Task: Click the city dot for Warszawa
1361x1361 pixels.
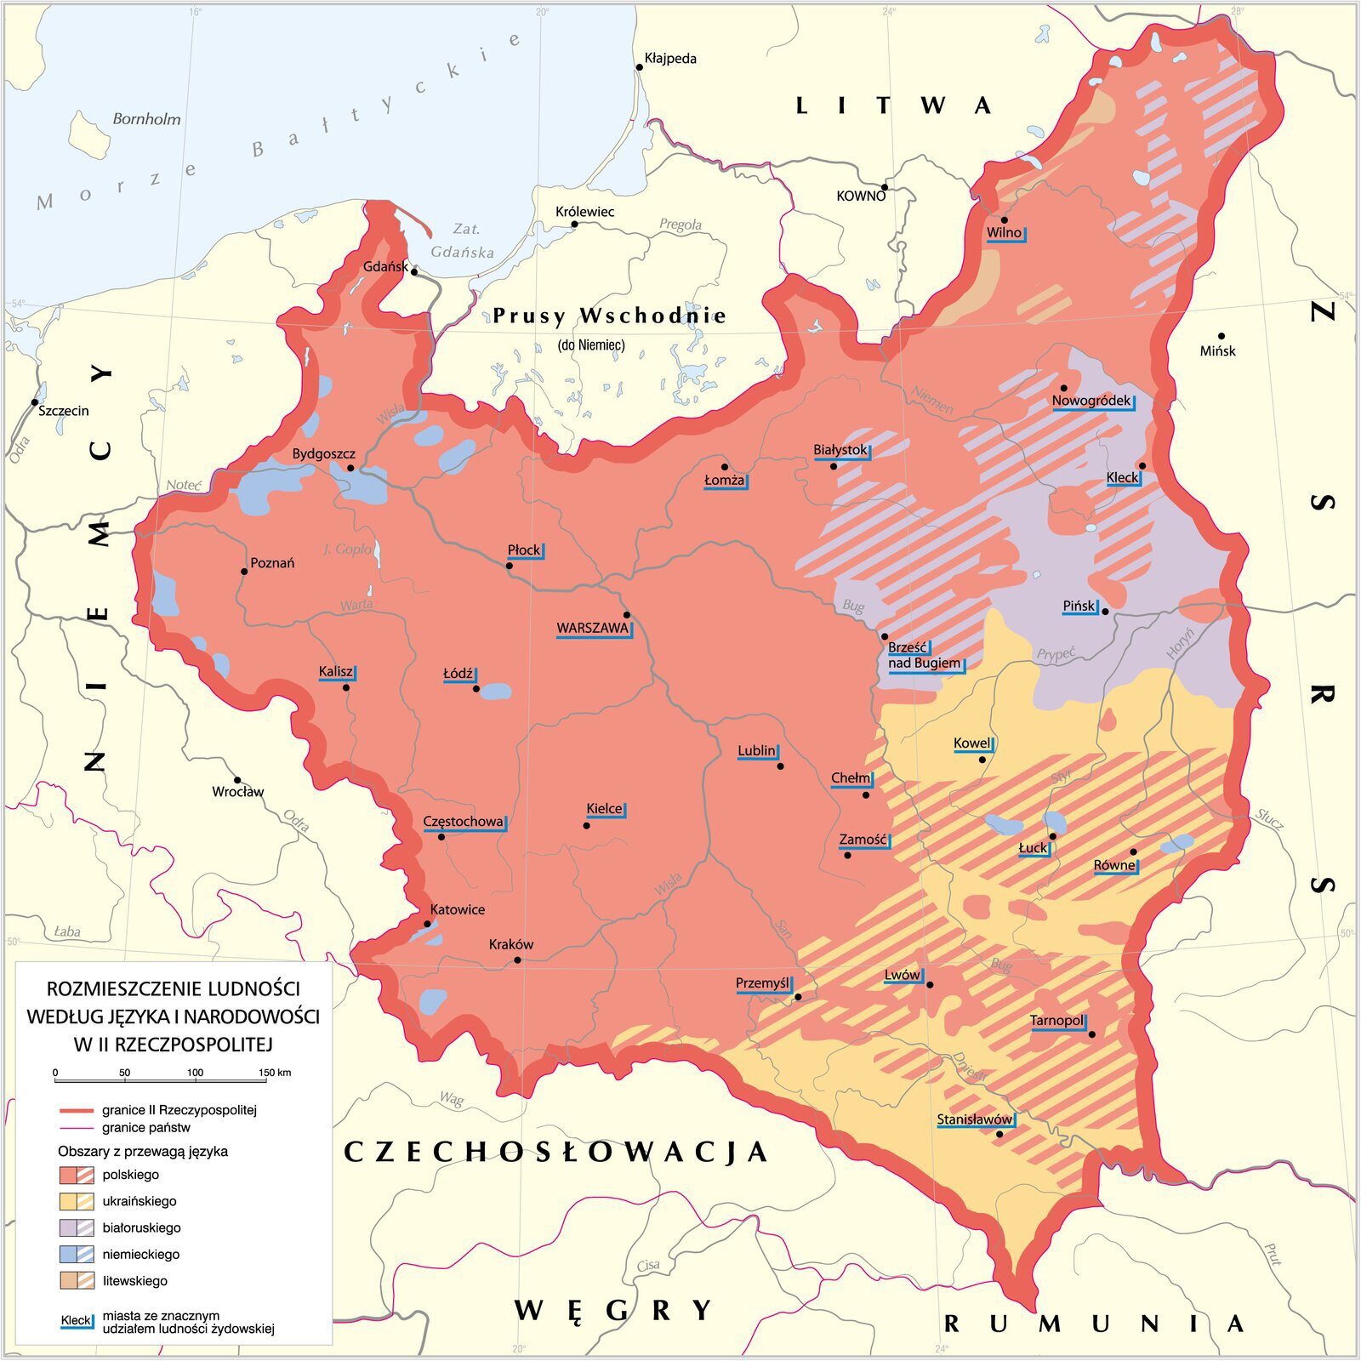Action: (x=627, y=614)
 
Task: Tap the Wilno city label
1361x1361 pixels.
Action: (x=1004, y=232)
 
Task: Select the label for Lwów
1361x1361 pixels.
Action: (x=902, y=975)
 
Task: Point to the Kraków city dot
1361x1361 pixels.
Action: (x=517, y=960)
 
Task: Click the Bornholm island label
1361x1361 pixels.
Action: (x=146, y=119)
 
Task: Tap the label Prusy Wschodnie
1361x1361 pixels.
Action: (x=609, y=316)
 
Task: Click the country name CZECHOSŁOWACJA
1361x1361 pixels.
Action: (x=555, y=1153)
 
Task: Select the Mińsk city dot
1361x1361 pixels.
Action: (x=1221, y=336)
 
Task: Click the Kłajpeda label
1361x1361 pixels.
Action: (x=670, y=59)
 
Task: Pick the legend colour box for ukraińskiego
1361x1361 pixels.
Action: (x=77, y=1201)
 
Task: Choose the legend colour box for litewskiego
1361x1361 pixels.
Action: (x=77, y=1280)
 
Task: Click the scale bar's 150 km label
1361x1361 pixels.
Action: (x=275, y=1073)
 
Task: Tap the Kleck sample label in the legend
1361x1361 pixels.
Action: (x=76, y=1321)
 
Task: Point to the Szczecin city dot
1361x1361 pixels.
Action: (x=35, y=401)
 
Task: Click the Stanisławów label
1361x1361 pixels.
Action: (x=974, y=1119)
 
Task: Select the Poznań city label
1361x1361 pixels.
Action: (x=272, y=563)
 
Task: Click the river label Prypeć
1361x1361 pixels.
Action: (x=1056, y=654)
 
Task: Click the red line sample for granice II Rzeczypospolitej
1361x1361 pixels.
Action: (x=77, y=1111)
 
